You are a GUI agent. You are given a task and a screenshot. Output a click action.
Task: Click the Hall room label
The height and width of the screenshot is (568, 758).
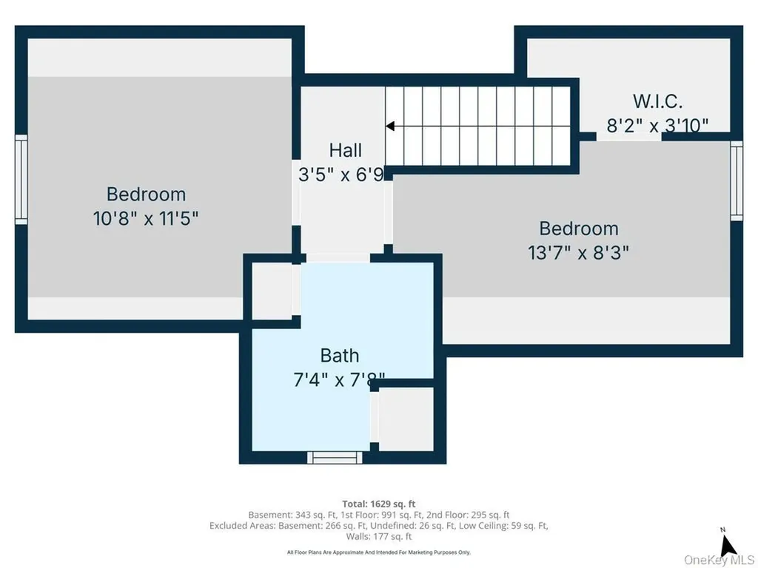[345, 149]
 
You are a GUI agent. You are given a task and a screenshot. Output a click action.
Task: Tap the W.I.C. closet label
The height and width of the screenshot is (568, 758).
[657, 101]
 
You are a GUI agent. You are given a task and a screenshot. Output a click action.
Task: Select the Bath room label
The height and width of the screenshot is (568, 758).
[339, 356]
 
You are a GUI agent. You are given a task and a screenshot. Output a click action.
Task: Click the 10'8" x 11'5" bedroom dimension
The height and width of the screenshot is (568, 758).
[146, 218]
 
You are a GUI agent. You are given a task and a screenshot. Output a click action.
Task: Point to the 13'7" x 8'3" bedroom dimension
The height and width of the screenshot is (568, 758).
[578, 252]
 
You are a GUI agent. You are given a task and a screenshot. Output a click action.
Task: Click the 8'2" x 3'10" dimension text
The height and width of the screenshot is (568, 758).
[657, 126]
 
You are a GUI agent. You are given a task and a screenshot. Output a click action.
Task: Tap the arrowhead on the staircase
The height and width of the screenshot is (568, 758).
[390, 126]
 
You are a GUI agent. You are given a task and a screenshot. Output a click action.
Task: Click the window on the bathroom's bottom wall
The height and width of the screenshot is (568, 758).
[335, 457]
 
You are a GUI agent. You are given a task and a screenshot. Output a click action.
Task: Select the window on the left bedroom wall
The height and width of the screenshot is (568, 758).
[21, 180]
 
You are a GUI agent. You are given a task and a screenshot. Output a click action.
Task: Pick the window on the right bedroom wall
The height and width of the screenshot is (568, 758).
[737, 180]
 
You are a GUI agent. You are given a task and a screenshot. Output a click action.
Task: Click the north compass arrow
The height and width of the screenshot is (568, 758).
[727, 547]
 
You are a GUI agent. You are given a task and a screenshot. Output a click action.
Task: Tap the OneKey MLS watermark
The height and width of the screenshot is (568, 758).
[718, 561]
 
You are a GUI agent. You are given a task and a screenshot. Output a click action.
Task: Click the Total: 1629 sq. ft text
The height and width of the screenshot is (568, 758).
[378, 504]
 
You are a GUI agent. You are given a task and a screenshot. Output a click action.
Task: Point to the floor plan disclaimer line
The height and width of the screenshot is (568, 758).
[378, 552]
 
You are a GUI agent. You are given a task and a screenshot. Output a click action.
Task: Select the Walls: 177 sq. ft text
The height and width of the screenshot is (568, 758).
[378, 536]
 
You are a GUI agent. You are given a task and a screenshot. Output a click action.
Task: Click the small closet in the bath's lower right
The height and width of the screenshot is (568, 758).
[406, 419]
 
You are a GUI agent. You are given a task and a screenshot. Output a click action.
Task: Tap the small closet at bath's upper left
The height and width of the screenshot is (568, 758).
[272, 291]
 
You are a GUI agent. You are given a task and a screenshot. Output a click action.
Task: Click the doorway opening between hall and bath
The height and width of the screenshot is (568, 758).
[338, 258]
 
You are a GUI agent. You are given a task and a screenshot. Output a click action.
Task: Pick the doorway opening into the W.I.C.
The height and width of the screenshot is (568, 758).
[629, 137]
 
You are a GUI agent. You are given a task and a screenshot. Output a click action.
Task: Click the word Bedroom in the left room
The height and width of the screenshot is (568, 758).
[146, 195]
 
